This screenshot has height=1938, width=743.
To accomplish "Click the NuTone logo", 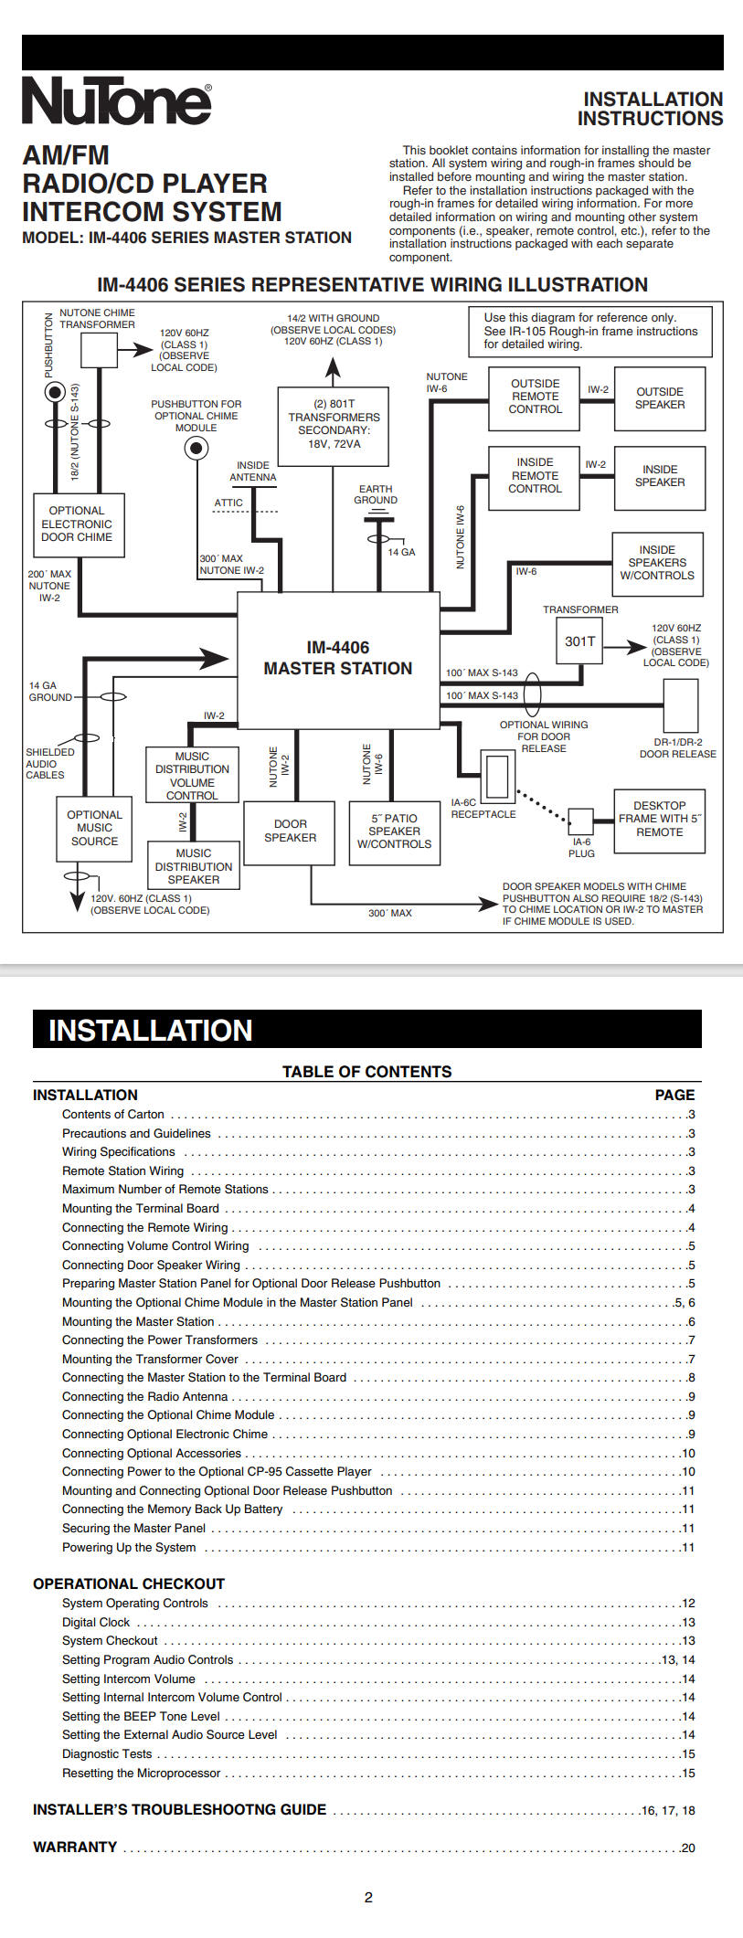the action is (117, 100).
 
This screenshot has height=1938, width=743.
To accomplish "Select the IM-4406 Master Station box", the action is (338, 660).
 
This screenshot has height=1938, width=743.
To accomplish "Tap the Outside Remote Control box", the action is (536, 397).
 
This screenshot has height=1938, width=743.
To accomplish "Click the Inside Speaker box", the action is (660, 477).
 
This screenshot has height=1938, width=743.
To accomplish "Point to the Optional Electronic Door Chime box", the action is (78, 524).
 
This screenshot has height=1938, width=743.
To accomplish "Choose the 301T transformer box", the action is (579, 641).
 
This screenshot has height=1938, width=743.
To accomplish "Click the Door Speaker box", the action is (291, 831).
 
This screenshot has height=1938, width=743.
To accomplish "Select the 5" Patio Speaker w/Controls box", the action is (395, 831).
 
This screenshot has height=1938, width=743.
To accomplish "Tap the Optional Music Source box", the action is (94, 828).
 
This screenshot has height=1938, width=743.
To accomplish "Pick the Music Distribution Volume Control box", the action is (192, 776).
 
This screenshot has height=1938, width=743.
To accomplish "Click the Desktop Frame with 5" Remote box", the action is (659, 821).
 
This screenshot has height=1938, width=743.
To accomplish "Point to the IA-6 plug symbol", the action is (580, 821).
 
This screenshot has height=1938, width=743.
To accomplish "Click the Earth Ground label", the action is (376, 494).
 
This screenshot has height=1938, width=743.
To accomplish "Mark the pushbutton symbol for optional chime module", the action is (196, 448).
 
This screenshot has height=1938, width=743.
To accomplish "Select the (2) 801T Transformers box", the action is (334, 425).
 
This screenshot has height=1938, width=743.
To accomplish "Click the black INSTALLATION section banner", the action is (367, 1029).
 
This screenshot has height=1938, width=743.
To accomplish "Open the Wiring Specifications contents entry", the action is (119, 1152).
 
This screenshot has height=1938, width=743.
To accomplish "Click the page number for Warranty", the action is (687, 1848).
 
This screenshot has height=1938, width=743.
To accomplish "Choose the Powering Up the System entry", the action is (129, 1547).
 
